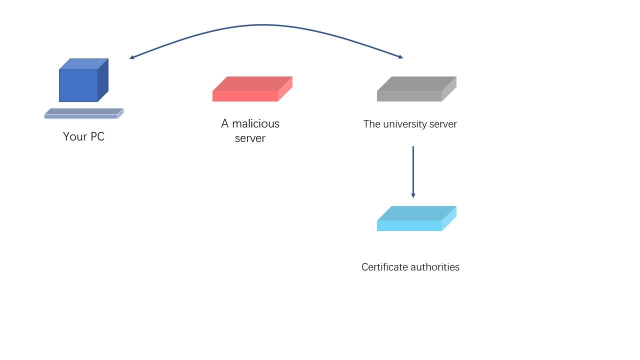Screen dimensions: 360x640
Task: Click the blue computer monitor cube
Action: coord(80,82)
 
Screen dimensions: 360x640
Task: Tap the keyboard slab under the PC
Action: coord(83,114)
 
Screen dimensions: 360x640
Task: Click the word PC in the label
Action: coord(97,136)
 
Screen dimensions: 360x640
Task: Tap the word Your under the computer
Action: coord(74,136)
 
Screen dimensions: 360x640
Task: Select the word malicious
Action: coord(255,123)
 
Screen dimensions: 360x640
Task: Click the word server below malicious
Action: coord(250,138)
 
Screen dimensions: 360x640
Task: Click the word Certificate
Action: coord(384,267)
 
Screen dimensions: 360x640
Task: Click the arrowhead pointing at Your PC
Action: coord(131,58)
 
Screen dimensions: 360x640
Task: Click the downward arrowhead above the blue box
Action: coord(413,195)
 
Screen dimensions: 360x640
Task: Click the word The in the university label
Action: coord(371,124)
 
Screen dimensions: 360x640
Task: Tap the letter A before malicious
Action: coord(224,123)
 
